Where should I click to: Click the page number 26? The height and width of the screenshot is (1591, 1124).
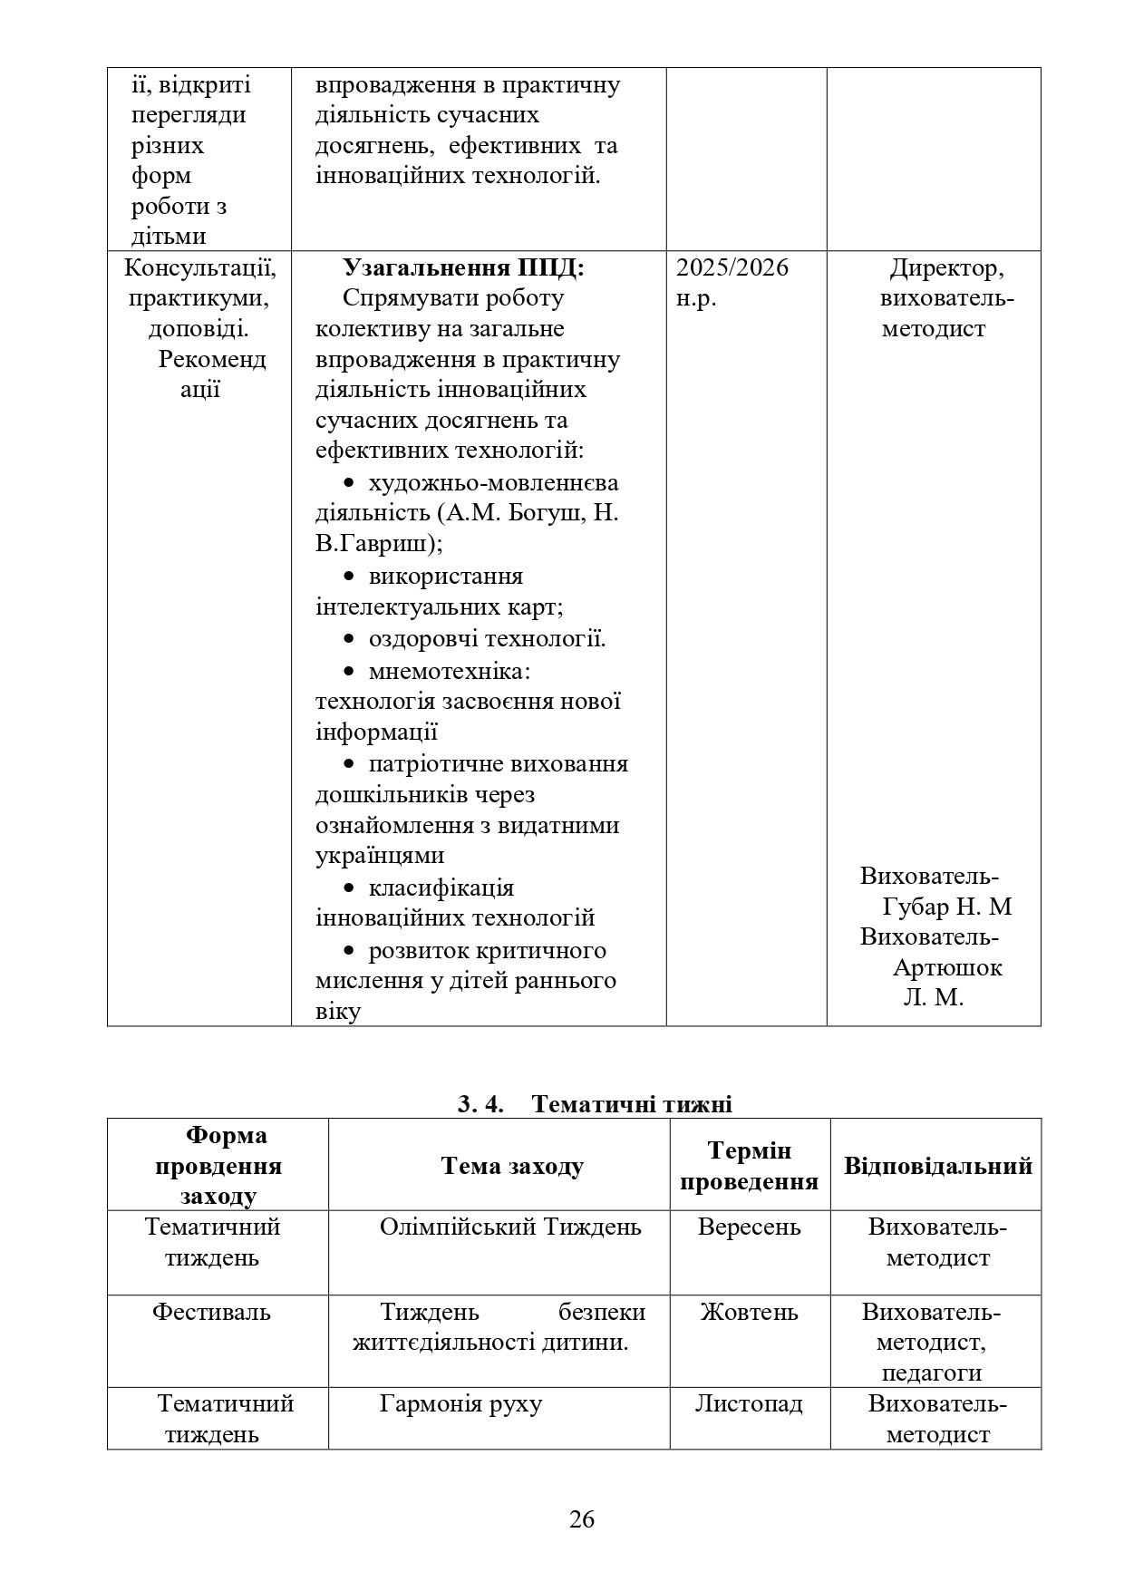581,1518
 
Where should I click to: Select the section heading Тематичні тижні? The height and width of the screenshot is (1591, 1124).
631,1104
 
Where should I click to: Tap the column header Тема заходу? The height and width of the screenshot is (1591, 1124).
512,1165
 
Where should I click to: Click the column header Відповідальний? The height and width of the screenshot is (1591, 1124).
937,1165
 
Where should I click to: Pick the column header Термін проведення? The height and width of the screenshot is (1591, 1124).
749,1166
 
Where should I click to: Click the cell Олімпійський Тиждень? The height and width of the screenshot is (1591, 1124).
510,1227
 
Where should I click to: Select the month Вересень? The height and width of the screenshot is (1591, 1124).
749,1227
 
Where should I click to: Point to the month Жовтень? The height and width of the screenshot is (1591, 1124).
749,1312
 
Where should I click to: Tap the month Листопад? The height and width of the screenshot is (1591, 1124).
749,1403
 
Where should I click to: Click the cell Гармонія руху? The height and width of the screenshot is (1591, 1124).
460,1403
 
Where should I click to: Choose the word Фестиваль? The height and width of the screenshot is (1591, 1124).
211,1312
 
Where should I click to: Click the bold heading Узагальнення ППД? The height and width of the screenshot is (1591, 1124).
463,267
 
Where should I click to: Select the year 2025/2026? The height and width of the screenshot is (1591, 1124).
732,267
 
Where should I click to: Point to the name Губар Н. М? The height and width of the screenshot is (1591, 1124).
946,907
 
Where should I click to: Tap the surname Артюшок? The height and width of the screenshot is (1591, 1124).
947,967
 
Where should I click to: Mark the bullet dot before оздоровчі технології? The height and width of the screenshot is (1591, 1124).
349,639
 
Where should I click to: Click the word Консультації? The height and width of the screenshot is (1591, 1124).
200,267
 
